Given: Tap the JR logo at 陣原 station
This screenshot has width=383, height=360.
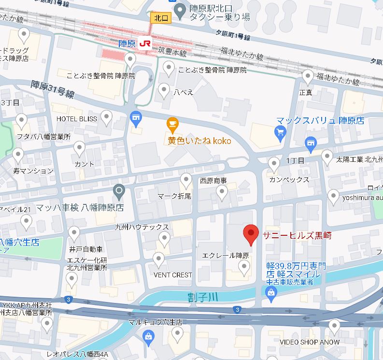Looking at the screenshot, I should click(144, 43).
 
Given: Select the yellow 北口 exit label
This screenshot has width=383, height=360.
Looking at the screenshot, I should click(160, 18).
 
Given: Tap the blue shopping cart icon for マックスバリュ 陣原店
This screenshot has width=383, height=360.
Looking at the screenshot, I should click(280, 131).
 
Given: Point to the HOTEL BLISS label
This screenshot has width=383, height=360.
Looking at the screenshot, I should click(77, 119).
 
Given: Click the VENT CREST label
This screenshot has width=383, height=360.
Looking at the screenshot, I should click(173, 275).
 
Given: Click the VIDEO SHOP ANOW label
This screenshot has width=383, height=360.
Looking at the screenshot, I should click(310, 342).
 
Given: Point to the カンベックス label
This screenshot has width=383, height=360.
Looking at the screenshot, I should click(289, 179).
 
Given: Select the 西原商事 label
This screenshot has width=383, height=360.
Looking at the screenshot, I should click(213, 180).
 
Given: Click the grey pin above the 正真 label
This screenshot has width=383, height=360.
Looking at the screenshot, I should click(308, 76).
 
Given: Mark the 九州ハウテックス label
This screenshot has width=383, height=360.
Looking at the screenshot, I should click(142, 227).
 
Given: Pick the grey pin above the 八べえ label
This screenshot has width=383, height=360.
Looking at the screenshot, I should click(164, 90).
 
